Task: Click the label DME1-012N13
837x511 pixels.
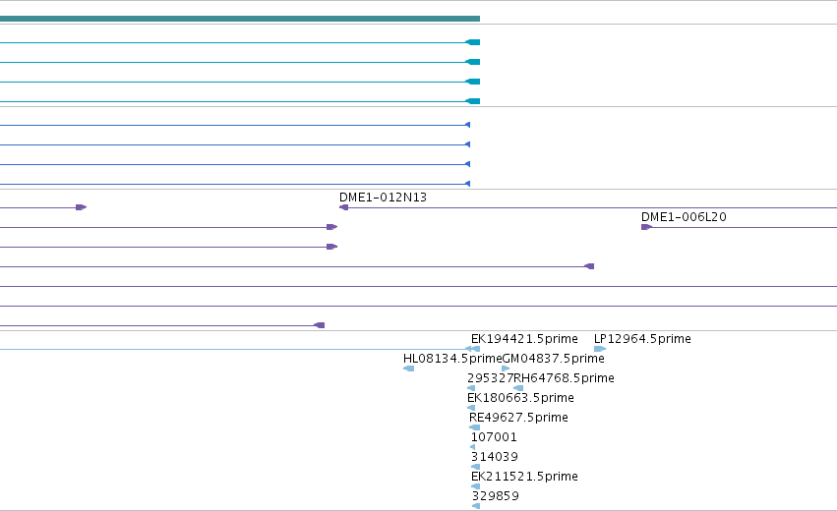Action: coord(383,198)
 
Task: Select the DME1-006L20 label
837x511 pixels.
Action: coord(684,217)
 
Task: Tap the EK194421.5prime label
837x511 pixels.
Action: coord(524,339)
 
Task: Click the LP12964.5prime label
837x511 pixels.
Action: coord(642,339)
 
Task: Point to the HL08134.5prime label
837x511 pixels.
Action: coord(452,359)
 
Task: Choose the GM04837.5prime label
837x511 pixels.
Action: coord(554,359)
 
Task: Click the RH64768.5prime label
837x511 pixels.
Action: coord(564,378)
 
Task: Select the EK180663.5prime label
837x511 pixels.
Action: coord(520,398)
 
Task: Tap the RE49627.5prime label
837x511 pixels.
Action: coord(518,418)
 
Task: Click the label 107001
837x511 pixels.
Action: coord(494,437)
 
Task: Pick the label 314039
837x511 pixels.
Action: coord(495,457)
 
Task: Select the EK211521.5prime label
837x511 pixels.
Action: coord(524,477)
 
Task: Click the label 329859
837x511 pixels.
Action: coord(496,496)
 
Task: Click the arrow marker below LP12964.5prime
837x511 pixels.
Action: coord(600,349)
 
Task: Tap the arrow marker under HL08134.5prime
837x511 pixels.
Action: coord(409,369)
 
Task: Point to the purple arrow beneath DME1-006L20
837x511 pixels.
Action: coord(646,227)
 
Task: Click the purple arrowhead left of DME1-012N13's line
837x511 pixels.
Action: coord(344,207)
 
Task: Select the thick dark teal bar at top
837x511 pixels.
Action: coord(240,19)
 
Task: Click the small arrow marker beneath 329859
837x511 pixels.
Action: coord(476,506)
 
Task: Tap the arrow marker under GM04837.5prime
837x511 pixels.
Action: coord(507,369)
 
